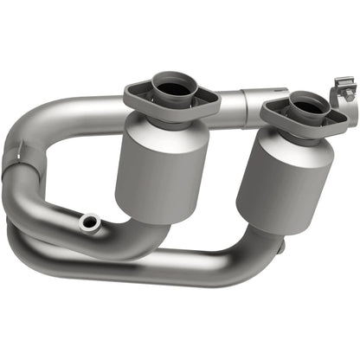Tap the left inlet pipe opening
tap(174, 86)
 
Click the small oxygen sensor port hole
tap(87, 222)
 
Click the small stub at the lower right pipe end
tap(279, 247)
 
